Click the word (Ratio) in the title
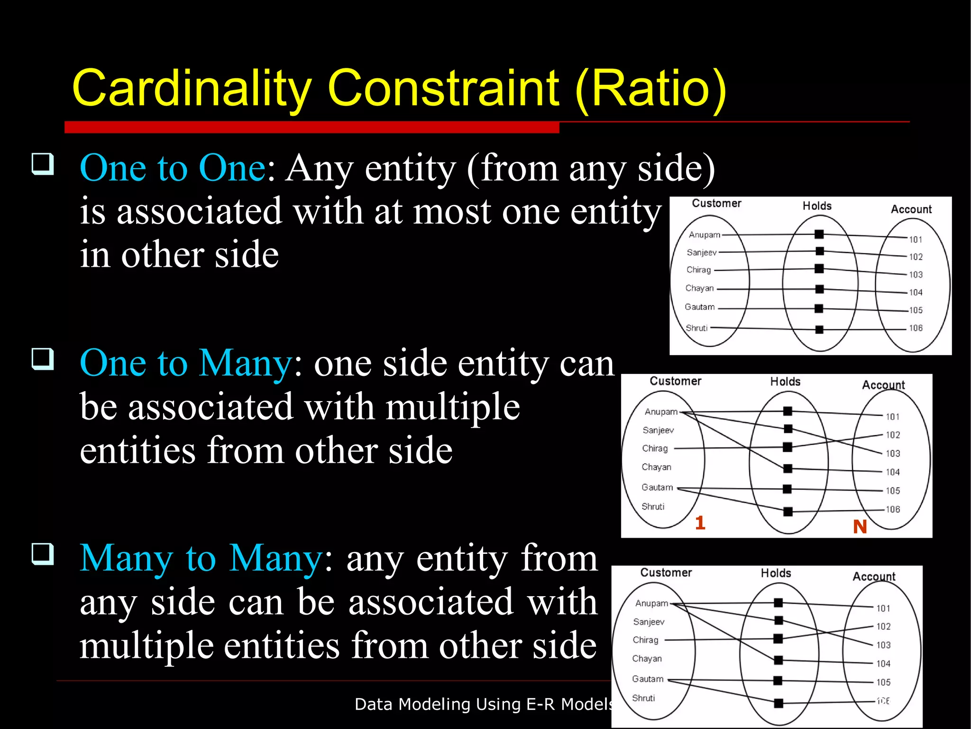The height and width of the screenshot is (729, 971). [650, 89]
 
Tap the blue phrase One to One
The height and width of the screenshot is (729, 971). [173, 168]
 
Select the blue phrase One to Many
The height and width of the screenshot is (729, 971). [186, 363]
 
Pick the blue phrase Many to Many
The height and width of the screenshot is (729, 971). [201, 558]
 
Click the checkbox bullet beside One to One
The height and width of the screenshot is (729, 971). [43, 164]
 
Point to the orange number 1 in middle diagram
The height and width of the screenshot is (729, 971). [700, 523]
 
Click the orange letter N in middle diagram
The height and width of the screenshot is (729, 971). [860, 527]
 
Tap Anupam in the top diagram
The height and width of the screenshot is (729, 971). [704, 235]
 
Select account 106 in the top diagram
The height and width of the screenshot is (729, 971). [916, 328]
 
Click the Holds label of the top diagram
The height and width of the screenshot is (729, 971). [817, 206]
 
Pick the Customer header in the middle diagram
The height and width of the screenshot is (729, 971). [675, 381]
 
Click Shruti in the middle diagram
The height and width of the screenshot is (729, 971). [653, 507]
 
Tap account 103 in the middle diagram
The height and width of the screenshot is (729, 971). [893, 454]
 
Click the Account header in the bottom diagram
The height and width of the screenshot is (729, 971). [874, 577]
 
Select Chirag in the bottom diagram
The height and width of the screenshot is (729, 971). [645, 640]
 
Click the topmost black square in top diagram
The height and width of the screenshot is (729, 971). [819, 234]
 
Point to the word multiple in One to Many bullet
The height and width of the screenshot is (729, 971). [452, 407]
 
